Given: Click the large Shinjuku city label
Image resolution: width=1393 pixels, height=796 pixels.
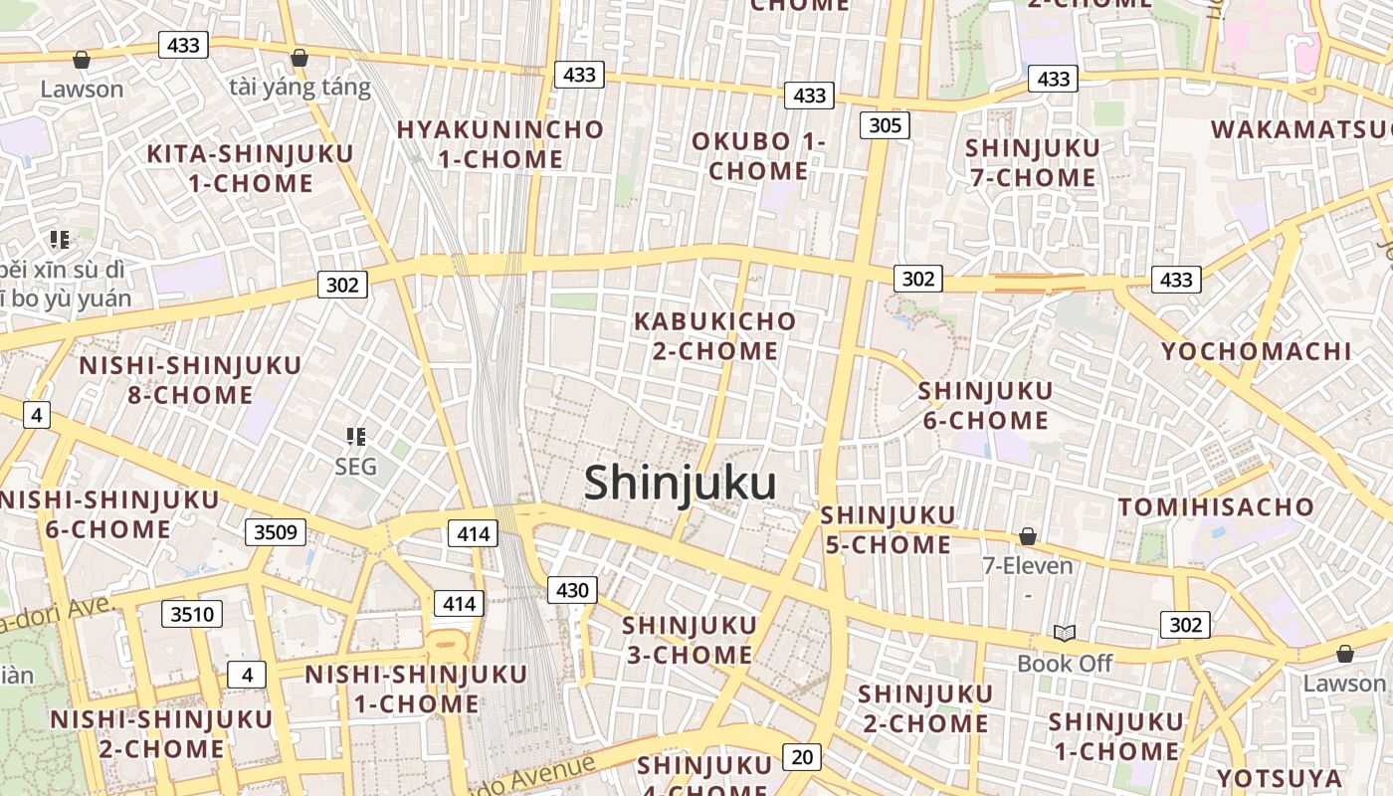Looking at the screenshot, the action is click(x=680, y=484).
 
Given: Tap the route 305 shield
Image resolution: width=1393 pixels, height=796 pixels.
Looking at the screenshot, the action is click(x=885, y=124).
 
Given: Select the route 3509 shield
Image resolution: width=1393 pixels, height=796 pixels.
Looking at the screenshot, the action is click(x=276, y=531).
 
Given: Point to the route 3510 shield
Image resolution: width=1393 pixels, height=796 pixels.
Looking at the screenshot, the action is click(x=192, y=614).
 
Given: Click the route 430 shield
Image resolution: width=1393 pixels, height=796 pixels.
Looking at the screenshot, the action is click(x=572, y=590).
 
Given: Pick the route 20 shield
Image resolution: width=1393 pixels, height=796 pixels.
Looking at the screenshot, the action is click(x=802, y=757).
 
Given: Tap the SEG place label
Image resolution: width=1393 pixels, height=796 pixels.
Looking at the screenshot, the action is click(x=355, y=466).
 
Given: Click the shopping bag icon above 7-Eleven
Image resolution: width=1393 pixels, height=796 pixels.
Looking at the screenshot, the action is click(x=1028, y=537).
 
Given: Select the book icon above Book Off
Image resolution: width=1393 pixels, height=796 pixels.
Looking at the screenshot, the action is click(x=1065, y=633).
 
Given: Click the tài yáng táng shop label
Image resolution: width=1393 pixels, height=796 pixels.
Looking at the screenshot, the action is click(x=299, y=88).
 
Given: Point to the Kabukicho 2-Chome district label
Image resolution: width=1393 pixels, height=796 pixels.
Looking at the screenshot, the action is click(x=715, y=336).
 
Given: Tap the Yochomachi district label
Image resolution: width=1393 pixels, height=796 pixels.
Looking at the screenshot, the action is click(x=1257, y=351).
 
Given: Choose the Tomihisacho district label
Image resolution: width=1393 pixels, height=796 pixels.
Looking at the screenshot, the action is click(x=1216, y=507).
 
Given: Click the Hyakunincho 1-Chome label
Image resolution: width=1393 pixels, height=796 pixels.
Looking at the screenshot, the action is click(x=499, y=144).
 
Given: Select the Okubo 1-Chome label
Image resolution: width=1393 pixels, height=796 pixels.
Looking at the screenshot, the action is click(x=759, y=156).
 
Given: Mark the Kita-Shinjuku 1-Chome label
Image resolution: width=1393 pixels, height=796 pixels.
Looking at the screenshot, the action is click(x=250, y=168).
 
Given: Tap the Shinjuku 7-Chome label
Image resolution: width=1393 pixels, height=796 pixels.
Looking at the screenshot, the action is click(x=1033, y=163).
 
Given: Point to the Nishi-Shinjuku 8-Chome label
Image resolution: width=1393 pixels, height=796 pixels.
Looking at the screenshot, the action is click(x=190, y=380).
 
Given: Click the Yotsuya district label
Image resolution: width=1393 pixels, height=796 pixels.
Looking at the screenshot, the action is click(x=1279, y=777).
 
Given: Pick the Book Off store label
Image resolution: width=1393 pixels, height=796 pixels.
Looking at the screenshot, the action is click(x=1065, y=663).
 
